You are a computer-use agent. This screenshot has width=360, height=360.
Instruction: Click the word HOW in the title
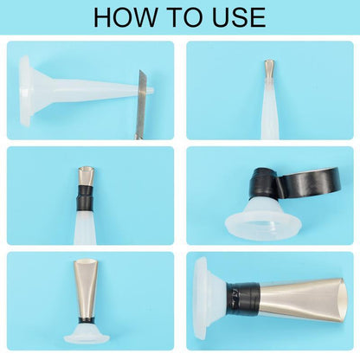125,17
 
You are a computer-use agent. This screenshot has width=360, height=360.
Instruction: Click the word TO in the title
184,17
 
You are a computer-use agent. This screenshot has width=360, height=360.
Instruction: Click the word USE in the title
239,17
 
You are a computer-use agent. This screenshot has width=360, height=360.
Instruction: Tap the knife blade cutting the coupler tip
142,104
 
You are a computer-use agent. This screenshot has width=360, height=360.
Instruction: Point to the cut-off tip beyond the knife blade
151,90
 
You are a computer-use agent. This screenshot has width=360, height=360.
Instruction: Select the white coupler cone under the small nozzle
269,110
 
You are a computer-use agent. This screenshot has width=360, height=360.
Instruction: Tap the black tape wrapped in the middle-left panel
85,198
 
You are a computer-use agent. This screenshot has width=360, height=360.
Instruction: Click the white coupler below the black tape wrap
85,227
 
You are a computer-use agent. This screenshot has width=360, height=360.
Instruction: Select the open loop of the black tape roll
310,184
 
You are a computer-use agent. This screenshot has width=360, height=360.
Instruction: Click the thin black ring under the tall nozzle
85,319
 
